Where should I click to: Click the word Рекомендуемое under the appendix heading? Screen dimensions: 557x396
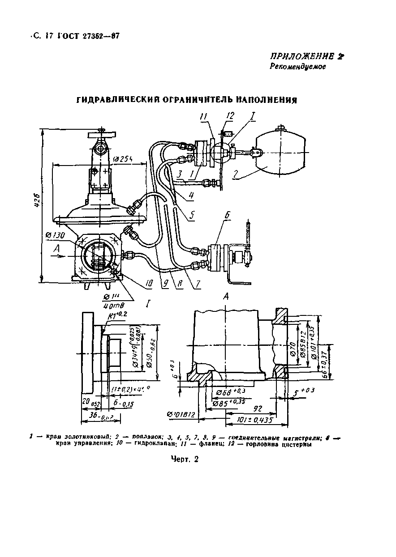[297, 67]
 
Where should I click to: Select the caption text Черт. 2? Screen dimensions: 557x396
[184, 459]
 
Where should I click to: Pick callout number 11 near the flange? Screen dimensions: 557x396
[204, 117]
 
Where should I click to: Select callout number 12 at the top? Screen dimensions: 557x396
[230, 116]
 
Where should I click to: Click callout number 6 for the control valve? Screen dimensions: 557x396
[227, 215]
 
